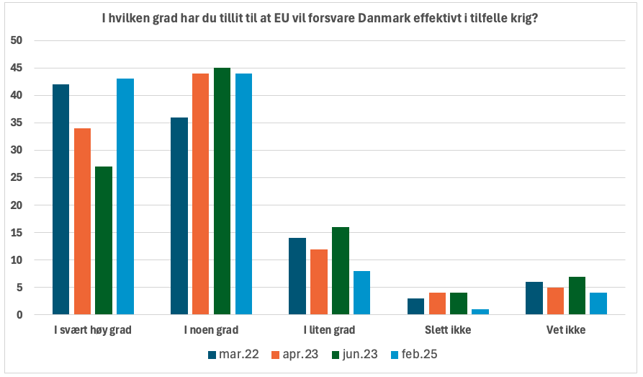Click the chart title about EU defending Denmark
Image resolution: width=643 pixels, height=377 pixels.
click(x=321, y=17)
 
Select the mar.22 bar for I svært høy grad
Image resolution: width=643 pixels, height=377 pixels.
click(x=60, y=199)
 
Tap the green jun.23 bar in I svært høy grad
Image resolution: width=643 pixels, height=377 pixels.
click(x=104, y=240)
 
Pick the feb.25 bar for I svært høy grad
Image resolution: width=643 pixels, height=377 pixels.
click(x=125, y=196)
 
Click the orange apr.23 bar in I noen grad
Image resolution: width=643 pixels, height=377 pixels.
click(x=200, y=194)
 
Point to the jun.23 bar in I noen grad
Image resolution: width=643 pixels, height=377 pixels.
click(x=222, y=191)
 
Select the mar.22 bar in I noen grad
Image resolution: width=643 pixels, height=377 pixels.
click(x=179, y=216)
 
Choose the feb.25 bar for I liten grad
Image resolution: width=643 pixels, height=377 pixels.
click(x=361, y=293)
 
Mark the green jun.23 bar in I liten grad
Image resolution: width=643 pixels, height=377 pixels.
click(x=340, y=271)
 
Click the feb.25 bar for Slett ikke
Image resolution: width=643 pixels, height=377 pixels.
click(x=480, y=311)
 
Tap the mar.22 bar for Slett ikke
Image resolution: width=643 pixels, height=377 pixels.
click(x=415, y=306)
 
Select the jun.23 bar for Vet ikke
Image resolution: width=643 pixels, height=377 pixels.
click(x=577, y=296)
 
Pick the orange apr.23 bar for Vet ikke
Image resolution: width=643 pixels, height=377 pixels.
click(x=555, y=301)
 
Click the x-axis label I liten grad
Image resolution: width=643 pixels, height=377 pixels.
click(x=329, y=331)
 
